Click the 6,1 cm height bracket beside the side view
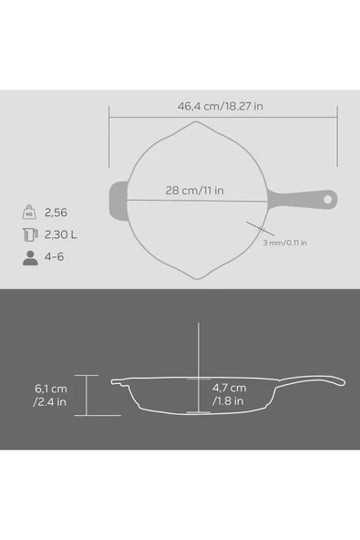(87, 394)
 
